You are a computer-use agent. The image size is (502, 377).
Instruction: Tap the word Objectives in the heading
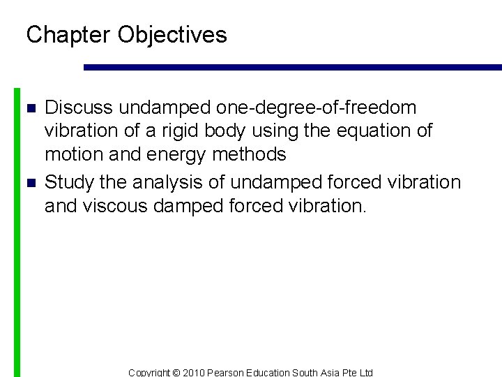[x=172, y=35]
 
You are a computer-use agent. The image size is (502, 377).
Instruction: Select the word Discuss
[x=79, y=108]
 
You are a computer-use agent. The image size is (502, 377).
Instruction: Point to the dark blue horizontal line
[x=293, y=68]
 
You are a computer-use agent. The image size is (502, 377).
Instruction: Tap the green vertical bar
[x=17, y=230]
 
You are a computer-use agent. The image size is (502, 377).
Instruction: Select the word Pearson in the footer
[x=230, y=373]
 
